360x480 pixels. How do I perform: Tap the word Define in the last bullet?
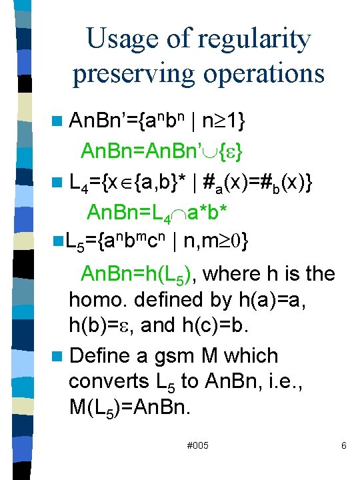pyautogui.click(x=103, y=356)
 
